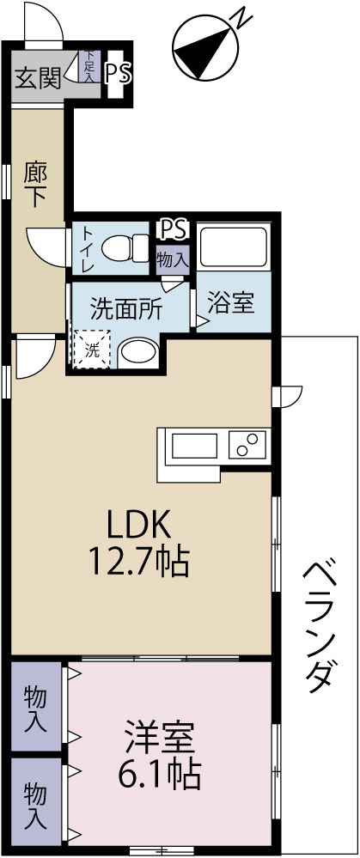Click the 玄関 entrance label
tap(37, 80)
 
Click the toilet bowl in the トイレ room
tap(125, 248)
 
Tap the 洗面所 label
tap(126, 310)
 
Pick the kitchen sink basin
tap(195, 445)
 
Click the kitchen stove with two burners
tap(247, 444)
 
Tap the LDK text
tap(139, 525)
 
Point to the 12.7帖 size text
tap(139, 562)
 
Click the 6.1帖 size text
tap(159, 772)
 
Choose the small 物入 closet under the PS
tap(173, 259)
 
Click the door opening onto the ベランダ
tap(287, 396)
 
